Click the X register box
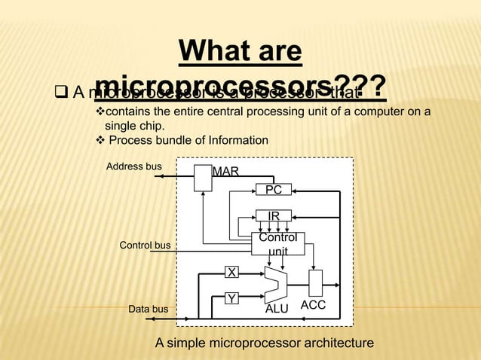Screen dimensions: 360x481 tap(232, 271)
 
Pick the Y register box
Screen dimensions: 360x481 tap(232, 299)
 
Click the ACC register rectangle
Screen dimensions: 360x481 tap(315, 283)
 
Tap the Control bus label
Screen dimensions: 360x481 tap(145, 246)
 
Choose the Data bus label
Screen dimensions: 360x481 tap(148, 309)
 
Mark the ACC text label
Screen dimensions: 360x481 tap(314, 305)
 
